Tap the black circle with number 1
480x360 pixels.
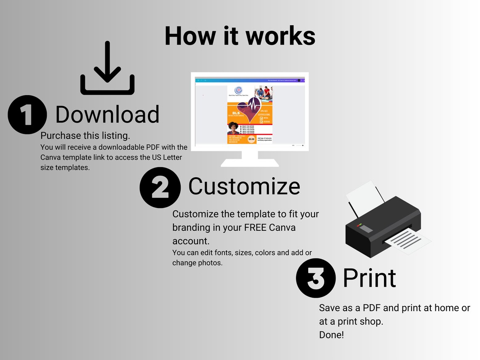[x=27, y=115]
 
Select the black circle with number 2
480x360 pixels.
[x=160, y=187]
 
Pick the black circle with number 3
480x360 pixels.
[x=316, y=278]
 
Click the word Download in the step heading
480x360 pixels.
[x=107, y=115]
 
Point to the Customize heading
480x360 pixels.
[x=244, y=186]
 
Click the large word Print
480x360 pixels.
[x=369, y=278]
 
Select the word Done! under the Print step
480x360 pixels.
[x=331, y=336]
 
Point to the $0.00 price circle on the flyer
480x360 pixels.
[x=251, y=139]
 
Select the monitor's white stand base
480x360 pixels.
[x=250, y=162]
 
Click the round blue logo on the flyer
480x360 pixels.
[x=239, y=91]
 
